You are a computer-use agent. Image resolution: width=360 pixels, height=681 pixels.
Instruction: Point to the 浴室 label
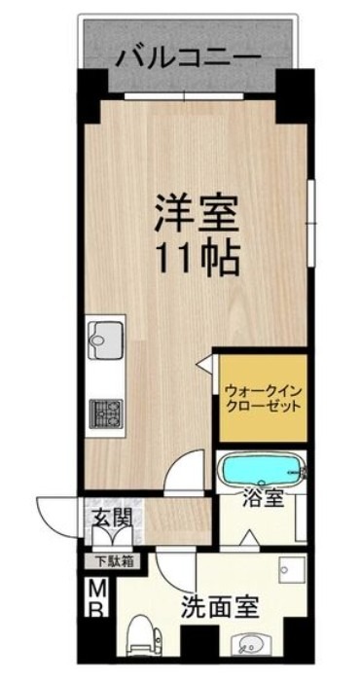263,500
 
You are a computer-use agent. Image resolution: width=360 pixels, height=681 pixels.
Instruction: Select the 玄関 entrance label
110,518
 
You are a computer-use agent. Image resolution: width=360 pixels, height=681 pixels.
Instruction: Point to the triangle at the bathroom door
248,537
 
